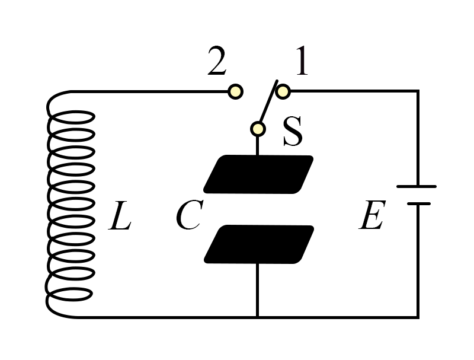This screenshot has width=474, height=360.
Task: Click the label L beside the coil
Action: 120,215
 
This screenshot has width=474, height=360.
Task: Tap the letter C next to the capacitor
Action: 189,215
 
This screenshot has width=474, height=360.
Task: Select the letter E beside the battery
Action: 372,215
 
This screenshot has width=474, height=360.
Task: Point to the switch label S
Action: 293,131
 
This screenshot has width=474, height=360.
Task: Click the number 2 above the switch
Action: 217,61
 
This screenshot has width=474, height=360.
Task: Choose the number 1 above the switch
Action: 302,61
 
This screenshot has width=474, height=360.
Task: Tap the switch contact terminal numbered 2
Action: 235,91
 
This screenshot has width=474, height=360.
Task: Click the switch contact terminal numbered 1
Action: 283,91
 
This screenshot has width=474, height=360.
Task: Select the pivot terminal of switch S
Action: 258,129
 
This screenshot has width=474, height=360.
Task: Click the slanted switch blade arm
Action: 268,101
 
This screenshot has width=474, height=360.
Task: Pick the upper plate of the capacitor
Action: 258,174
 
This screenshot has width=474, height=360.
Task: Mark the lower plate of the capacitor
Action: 259,244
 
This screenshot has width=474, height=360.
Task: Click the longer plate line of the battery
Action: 417,187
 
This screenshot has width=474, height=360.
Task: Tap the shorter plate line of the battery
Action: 419,204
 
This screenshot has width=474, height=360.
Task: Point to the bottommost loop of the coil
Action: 70,294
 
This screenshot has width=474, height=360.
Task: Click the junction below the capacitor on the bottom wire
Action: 257,317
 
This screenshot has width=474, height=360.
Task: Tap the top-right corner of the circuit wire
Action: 418,91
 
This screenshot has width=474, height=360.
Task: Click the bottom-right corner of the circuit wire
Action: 418,317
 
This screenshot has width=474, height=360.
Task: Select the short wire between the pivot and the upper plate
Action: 257,146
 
